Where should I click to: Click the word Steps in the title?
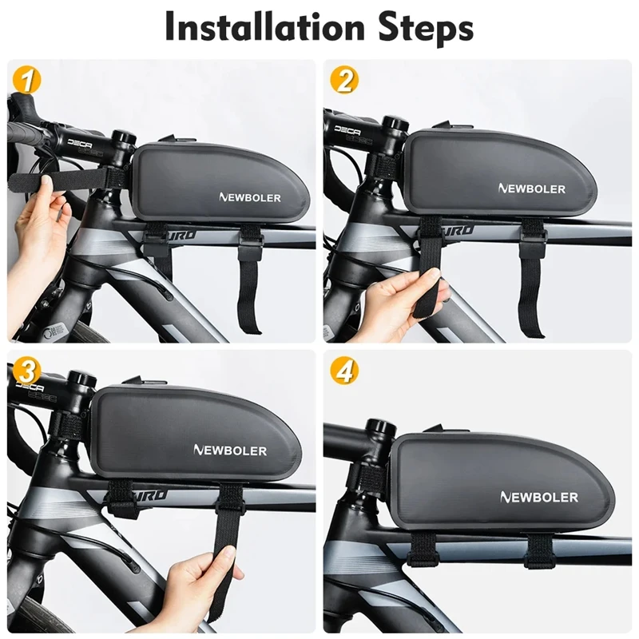coord(420,29)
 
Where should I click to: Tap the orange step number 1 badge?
coord(26,80)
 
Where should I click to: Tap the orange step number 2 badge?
coord(345,80)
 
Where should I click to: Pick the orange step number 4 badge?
coord(345,371)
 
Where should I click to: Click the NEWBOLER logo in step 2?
coord(532,189)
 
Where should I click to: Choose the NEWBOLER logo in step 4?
coord(539,497)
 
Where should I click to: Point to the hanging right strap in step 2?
coord(530,280)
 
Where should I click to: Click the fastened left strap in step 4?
coord(420,551)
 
